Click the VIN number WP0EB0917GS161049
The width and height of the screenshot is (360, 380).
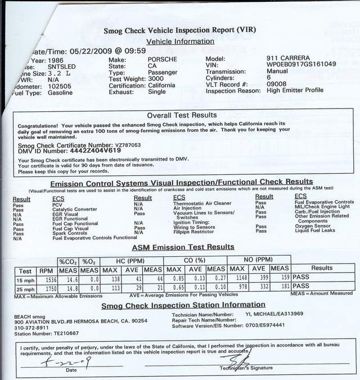pyautogui.click(x=301, y=64)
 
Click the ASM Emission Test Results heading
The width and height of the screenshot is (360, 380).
pyautogui.click(x=183, y=247)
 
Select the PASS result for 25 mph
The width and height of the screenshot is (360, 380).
pyautogui.click(x=301, y=287)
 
